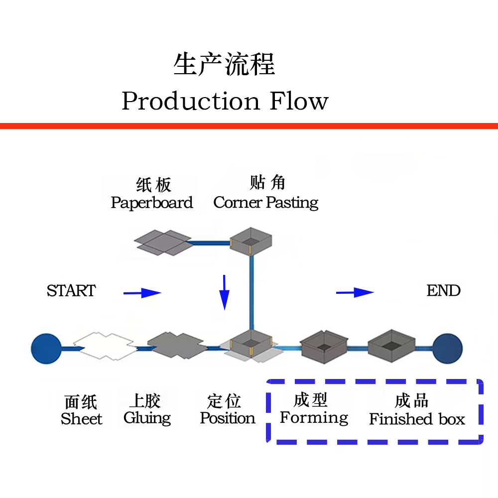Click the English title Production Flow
click(x=225, y=101)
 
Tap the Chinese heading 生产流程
click(x=224, y=65)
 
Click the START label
click(x=71, y=291)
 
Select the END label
click(x=443, y=291)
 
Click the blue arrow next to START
click(x=142, y=293)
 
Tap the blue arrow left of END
click(x=355, y=292)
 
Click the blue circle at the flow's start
click(x=46, y=348)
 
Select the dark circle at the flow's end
click(x=447, y=348)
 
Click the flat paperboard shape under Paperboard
click(x=163, y=242)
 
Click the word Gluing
click(x=147, y=418)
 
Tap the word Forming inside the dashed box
click(x=314, y=417)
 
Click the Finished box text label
click(x=417, y=419)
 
